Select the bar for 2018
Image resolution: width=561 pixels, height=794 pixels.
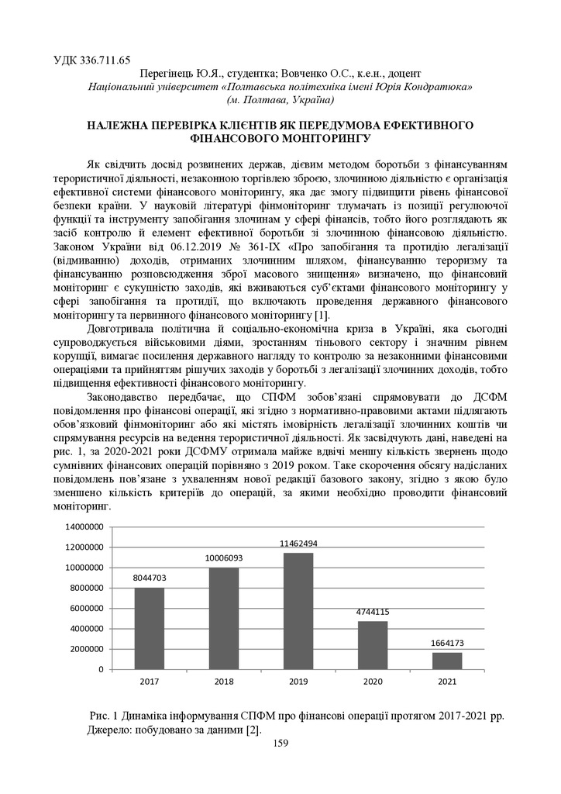click(224, 618)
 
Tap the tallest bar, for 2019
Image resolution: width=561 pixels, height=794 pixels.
click(298, 610)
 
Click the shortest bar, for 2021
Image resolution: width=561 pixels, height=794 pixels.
click(447, 660)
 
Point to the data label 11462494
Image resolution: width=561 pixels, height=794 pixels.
click(298, 544)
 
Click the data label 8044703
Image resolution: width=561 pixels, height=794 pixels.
click(150, 578)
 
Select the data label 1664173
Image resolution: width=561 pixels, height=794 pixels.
click(447, 643)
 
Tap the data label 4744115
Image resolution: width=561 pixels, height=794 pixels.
click(373, 612)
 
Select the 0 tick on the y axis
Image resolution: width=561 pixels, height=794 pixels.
click(100, 669)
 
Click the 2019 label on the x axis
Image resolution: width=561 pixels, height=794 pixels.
click(298, 682)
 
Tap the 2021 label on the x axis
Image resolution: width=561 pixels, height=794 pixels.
click(447, 682)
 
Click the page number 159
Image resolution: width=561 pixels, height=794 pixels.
click(280, 744)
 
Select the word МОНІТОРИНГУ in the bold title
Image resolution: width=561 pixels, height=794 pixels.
click(312, 140)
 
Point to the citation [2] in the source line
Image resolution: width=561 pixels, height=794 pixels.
click(253, 730)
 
